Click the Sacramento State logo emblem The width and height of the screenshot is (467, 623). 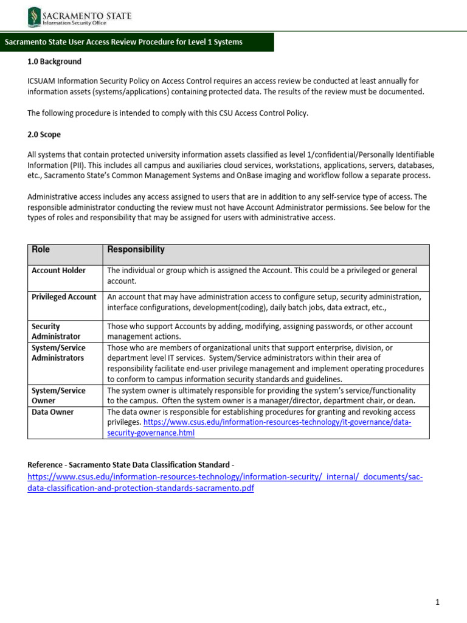[33, 17]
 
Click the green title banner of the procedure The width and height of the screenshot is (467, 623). [137, 42]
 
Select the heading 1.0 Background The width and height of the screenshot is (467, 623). [54, 61]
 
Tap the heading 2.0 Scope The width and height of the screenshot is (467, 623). [44, 134]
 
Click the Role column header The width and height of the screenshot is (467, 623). [41, 249]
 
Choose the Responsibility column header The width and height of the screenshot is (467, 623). [136, 249]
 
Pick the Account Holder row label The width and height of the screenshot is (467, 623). [58, 270]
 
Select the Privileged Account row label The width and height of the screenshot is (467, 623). [64, 297]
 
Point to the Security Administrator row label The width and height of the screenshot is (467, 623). [56, 331]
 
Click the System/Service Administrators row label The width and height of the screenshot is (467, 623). [58, 353]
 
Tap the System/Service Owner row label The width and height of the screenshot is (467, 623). [58, 395]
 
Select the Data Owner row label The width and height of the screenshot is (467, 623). [53, 412]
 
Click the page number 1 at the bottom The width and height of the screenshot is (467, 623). [437, 602]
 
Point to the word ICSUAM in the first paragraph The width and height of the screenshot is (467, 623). [43, 81]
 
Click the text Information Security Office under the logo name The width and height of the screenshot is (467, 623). [74, 24]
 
